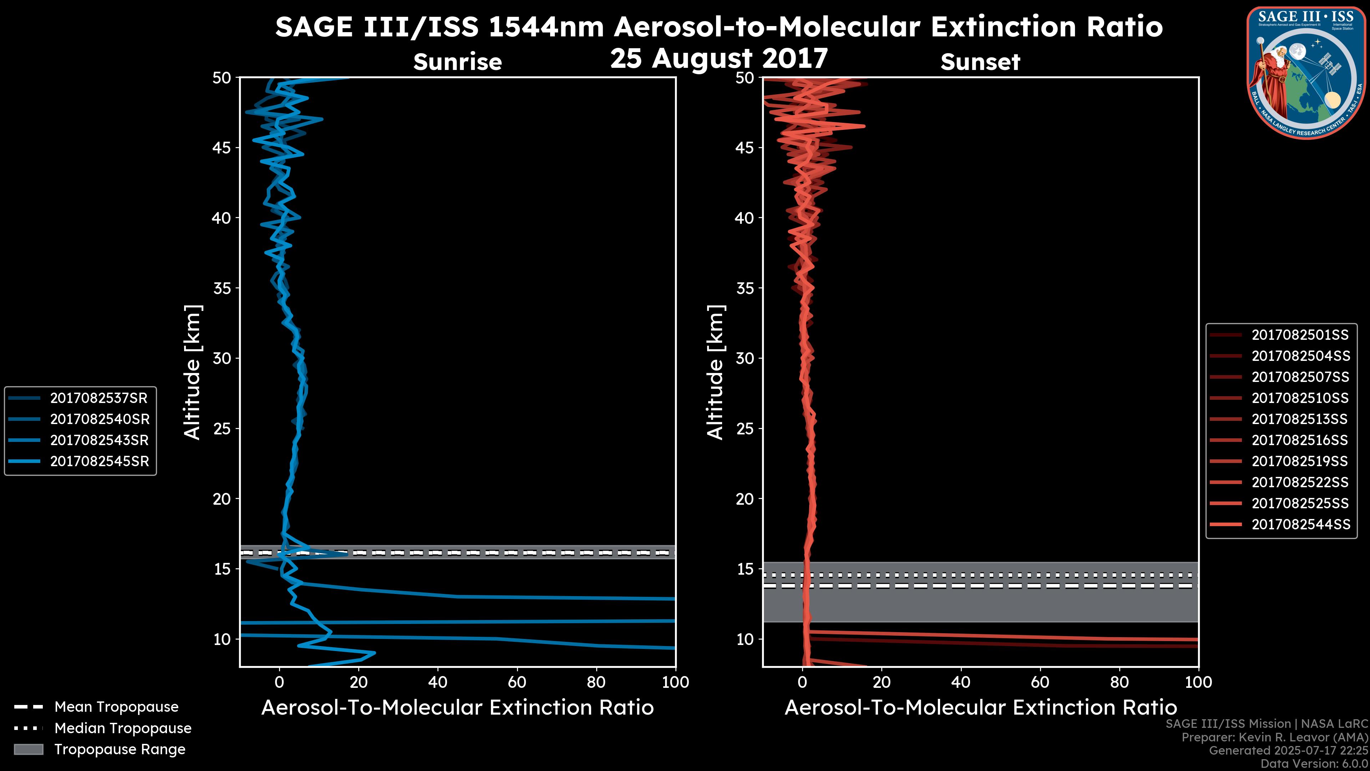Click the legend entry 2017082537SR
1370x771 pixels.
tap(99, 398)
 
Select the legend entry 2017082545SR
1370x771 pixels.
tap(99, 461)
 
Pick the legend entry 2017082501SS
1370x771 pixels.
tap(1300, 335)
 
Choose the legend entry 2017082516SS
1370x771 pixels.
tap(1300, 440)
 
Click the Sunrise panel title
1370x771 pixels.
tap(457, 62)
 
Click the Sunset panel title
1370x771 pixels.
tap(980, 62)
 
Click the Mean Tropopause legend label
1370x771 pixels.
tap(116, 707)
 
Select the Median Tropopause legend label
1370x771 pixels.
tap(122, 728)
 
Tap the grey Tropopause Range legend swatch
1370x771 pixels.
tap(28, 749)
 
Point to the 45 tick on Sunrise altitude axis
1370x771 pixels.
tap(221, 148)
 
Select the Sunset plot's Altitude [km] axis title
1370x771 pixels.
tap(716, 372)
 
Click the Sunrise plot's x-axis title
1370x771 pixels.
tap(457, 708)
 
